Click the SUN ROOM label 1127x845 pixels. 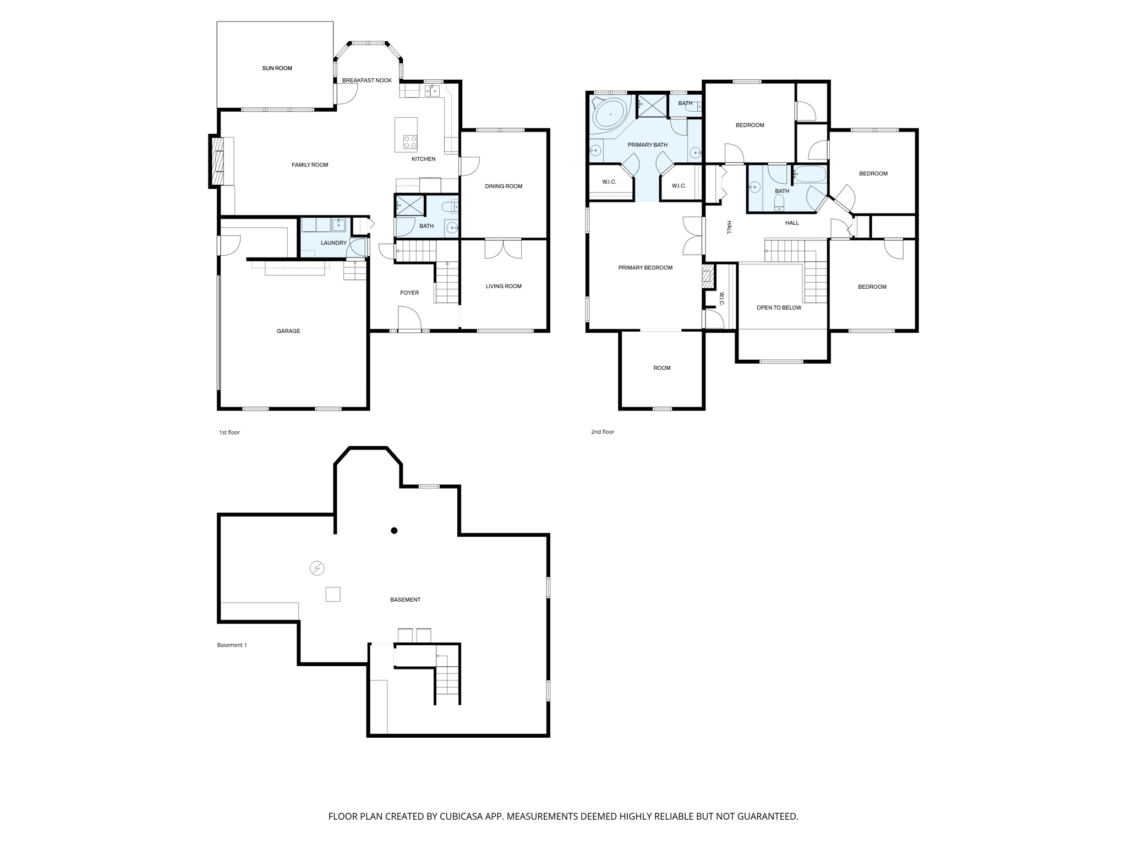coord(277,68)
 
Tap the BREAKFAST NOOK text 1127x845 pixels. coord(366,80)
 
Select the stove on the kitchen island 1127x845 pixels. coord(410,142)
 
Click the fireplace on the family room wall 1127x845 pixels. coord(217,161)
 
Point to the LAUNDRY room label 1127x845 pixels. coord(333,243)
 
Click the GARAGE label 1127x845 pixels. coord(288,331)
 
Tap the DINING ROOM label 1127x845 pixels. coord(504,186)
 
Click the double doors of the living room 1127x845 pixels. coord(503,249)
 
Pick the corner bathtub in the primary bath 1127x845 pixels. coord(609,114)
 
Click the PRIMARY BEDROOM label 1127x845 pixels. coord(645,268)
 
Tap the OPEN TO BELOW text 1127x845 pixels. coord(779,308)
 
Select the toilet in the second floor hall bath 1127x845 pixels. coord(779,203)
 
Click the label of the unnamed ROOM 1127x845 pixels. coord(662,368)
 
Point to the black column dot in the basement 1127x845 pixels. coord(394,530)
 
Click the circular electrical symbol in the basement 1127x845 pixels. coord(317,568)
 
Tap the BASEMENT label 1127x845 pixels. coord(405,600)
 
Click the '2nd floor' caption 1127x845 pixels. coord(603,432)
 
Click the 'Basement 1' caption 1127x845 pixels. coord(232,645)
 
